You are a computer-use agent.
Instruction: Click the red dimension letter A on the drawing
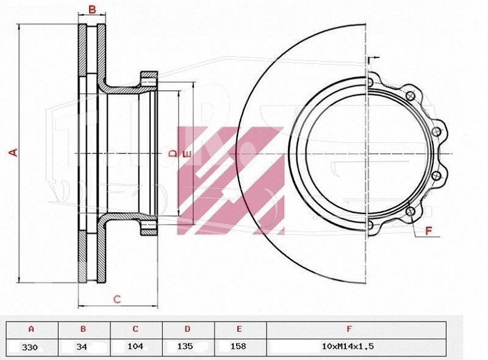(13, 153)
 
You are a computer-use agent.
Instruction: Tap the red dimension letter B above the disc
(92, 10)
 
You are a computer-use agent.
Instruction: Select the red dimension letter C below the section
(117, 299)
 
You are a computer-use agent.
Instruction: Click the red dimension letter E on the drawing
(187, 154)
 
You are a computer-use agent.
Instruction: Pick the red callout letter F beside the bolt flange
(429, 231)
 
